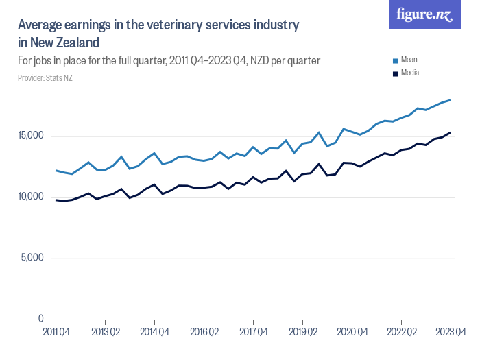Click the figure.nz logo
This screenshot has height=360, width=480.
click(x=424, y=14)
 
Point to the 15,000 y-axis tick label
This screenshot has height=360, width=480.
click(x=30, y=136)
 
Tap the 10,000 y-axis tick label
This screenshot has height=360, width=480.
click(x=30, y=197)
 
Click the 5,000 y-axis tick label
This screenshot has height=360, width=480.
click(x=32, y=259)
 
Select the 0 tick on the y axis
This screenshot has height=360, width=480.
click(x=41, y=320)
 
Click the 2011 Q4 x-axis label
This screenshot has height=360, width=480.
click(x=56, y=333)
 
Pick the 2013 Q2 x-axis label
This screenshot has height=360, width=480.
click(x=105, y=333)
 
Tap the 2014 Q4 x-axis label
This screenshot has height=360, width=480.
click(x=154, y=333)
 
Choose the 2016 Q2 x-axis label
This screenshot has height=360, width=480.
click(x=204, y=333)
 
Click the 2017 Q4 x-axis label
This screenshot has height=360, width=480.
click(x=253, y=333)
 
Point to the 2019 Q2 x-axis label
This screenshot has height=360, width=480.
click(x=302, y=333)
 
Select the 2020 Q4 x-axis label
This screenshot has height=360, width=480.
click(x=352, y=333)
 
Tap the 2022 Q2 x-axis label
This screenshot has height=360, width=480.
click(x=401, y=333)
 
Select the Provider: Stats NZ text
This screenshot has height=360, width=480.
click(x=45, y=77)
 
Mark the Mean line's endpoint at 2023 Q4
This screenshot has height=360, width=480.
click(x=451, y=100)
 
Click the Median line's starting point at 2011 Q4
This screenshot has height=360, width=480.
click(x=56, y=200)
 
